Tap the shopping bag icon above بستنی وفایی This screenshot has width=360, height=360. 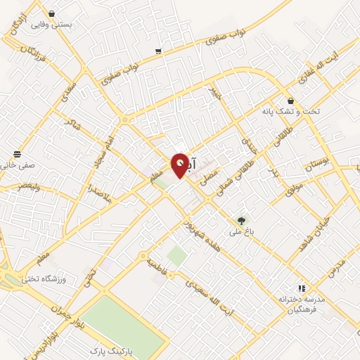coord(52,13)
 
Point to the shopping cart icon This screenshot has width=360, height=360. coord(158,51)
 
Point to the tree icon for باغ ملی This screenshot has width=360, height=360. coord(242,220)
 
